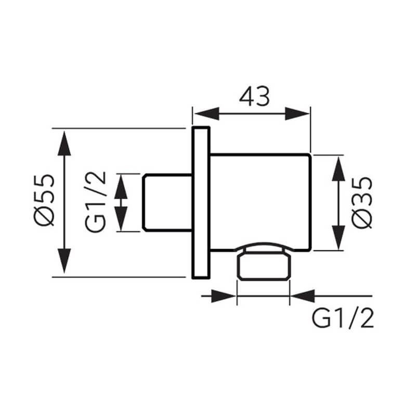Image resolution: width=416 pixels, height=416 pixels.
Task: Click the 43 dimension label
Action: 254,96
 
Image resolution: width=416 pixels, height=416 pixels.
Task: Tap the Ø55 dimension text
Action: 44,200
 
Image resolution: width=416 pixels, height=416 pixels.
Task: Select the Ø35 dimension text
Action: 362,202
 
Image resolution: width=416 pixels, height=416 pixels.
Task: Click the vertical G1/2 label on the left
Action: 95,202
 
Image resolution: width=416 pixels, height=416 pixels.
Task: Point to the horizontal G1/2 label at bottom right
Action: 343,318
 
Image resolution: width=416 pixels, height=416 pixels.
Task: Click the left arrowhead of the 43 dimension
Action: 207,113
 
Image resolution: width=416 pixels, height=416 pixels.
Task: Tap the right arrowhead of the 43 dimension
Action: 297,113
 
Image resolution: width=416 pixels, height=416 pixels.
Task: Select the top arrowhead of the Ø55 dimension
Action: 64,144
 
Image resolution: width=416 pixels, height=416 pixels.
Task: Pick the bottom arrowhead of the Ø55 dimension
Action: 64,261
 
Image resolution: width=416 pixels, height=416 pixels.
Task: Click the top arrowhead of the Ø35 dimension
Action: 339,169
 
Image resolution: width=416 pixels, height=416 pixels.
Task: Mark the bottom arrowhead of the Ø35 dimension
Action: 339,238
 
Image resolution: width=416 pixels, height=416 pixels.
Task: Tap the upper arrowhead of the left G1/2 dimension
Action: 121,187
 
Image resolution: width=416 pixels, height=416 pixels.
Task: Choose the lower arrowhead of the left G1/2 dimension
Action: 121,218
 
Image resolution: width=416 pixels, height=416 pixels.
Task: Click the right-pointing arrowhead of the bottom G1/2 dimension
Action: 224,296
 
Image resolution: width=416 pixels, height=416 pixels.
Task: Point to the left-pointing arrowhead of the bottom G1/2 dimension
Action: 303,296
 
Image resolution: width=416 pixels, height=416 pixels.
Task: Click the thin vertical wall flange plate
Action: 201,203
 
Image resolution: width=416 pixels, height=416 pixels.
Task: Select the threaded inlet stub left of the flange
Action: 167,203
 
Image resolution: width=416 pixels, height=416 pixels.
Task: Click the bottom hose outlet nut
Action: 264,266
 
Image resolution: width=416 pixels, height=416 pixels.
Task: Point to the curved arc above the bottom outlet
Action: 264,244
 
